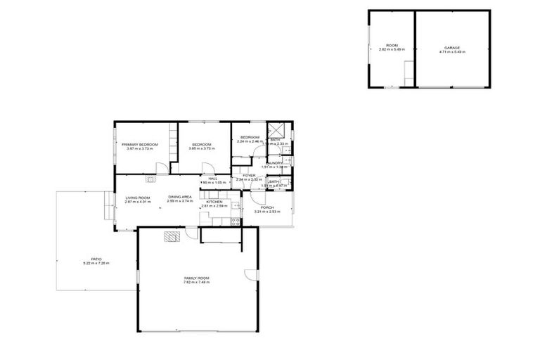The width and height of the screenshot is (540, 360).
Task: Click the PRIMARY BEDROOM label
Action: (139, 144)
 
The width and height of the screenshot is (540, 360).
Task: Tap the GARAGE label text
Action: (452, 47)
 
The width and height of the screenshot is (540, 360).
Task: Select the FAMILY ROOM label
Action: (197, 278)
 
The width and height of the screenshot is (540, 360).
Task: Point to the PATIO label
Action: (96, 259)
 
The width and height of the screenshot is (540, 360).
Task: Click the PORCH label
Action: (267, 207)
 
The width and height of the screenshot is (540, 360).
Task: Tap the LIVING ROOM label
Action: (138, 198)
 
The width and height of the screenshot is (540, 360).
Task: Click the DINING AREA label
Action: (180, 197)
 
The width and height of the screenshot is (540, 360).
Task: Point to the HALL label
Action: (212, 179)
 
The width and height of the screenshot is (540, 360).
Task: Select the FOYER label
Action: (249, 176)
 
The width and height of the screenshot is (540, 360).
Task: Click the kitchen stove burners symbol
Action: (236, 223)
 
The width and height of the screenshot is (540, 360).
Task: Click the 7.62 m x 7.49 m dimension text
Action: (197, 283)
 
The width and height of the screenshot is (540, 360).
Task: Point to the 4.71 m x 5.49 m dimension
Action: (452, 51)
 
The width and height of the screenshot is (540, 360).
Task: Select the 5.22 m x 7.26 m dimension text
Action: (96, 263)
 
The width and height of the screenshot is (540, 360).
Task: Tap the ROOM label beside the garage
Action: (392, 45)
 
